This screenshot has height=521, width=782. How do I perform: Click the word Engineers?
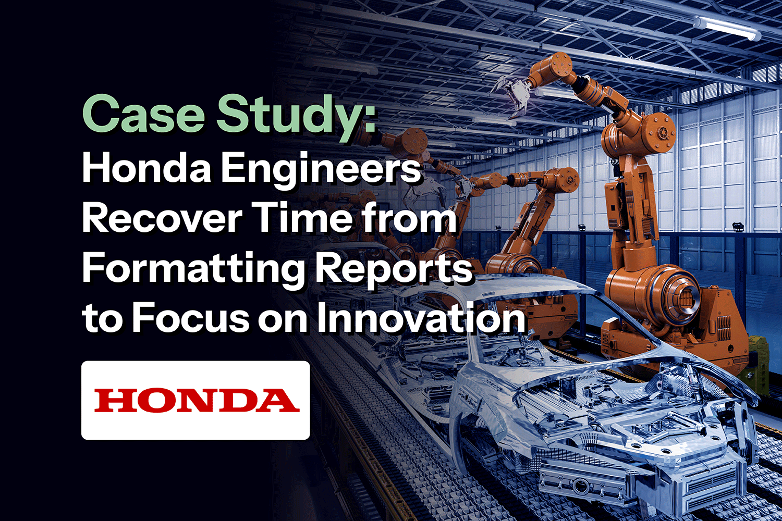pyautogui.click(x=321, y=170)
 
